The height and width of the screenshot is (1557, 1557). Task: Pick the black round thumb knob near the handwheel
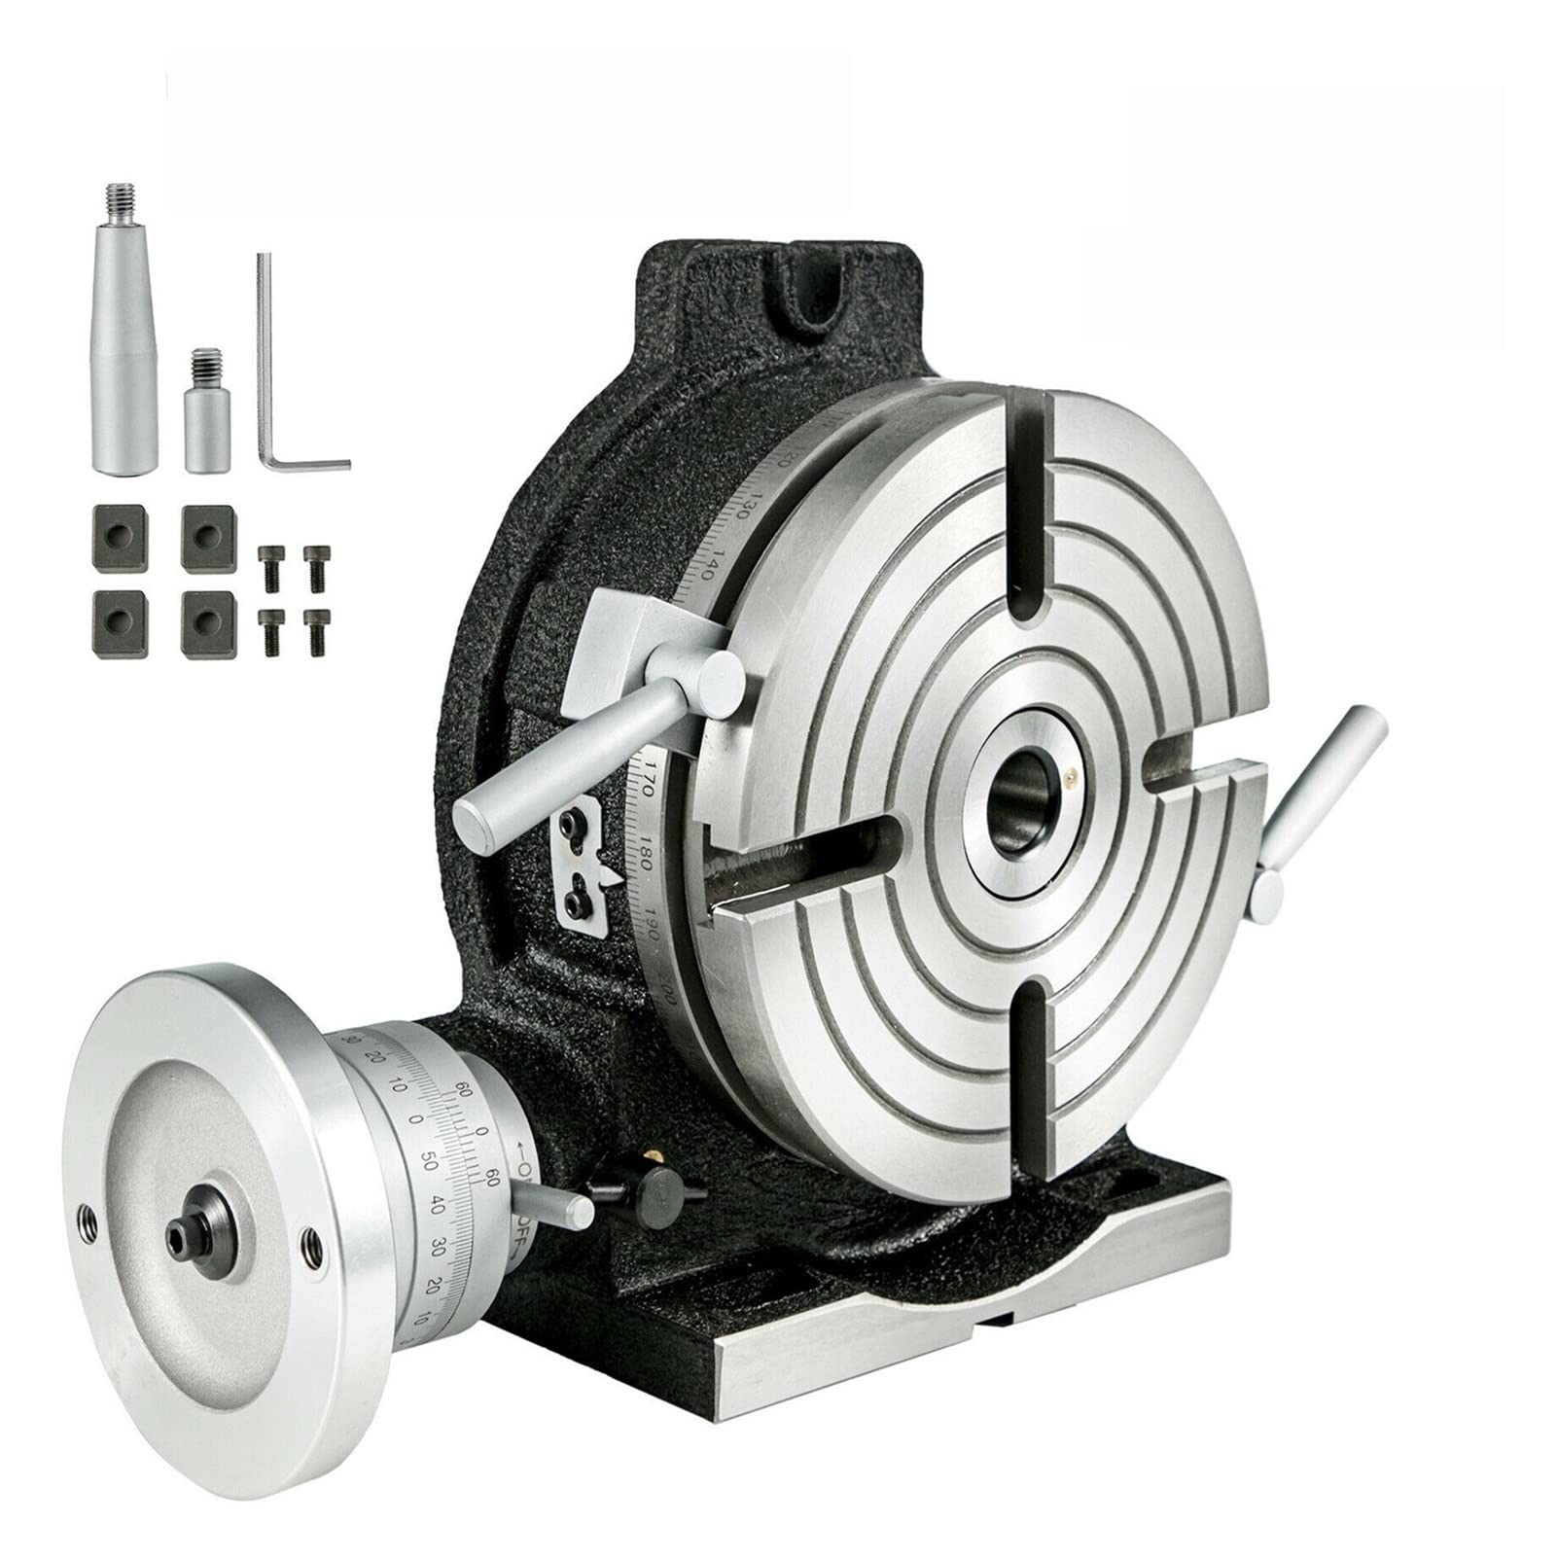(661, 1186)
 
